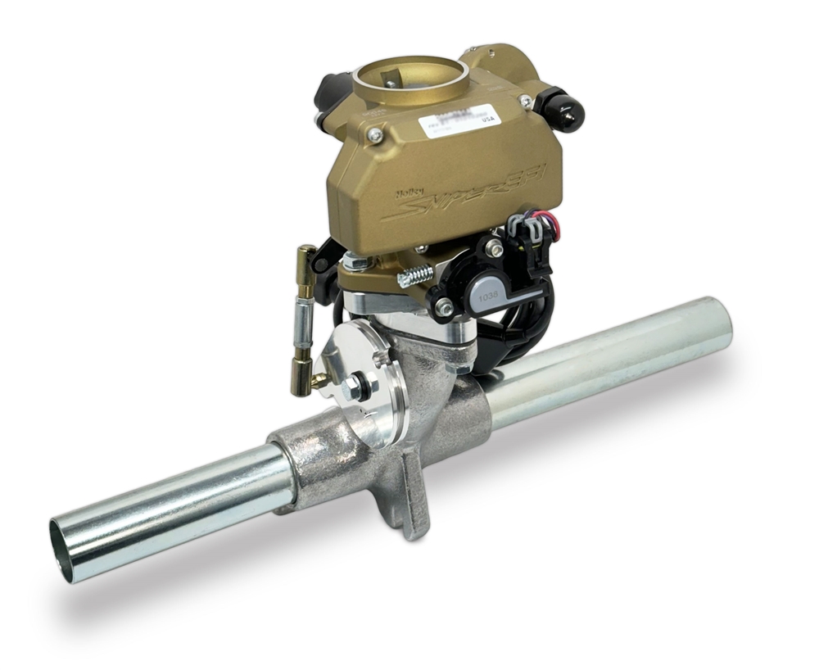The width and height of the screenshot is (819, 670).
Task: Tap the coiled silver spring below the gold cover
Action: [x=415, y=274]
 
